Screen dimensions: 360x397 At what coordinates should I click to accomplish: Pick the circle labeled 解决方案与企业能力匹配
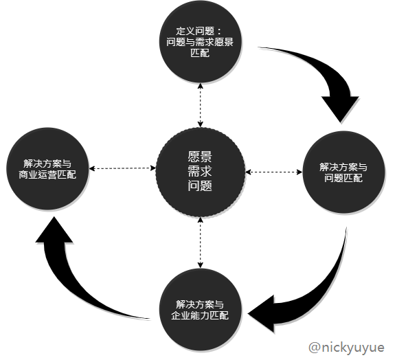[x=199, y=309]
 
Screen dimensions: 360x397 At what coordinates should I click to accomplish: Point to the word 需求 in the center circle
[x=199, y=171]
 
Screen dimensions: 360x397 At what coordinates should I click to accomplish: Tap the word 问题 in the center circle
[x=199, y=186]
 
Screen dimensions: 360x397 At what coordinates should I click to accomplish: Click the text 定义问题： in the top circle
[x=198, y=30]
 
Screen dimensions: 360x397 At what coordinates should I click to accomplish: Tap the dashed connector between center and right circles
[x=273, y=171]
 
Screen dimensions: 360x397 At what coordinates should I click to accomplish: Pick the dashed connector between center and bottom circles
[x=199, y=241]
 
